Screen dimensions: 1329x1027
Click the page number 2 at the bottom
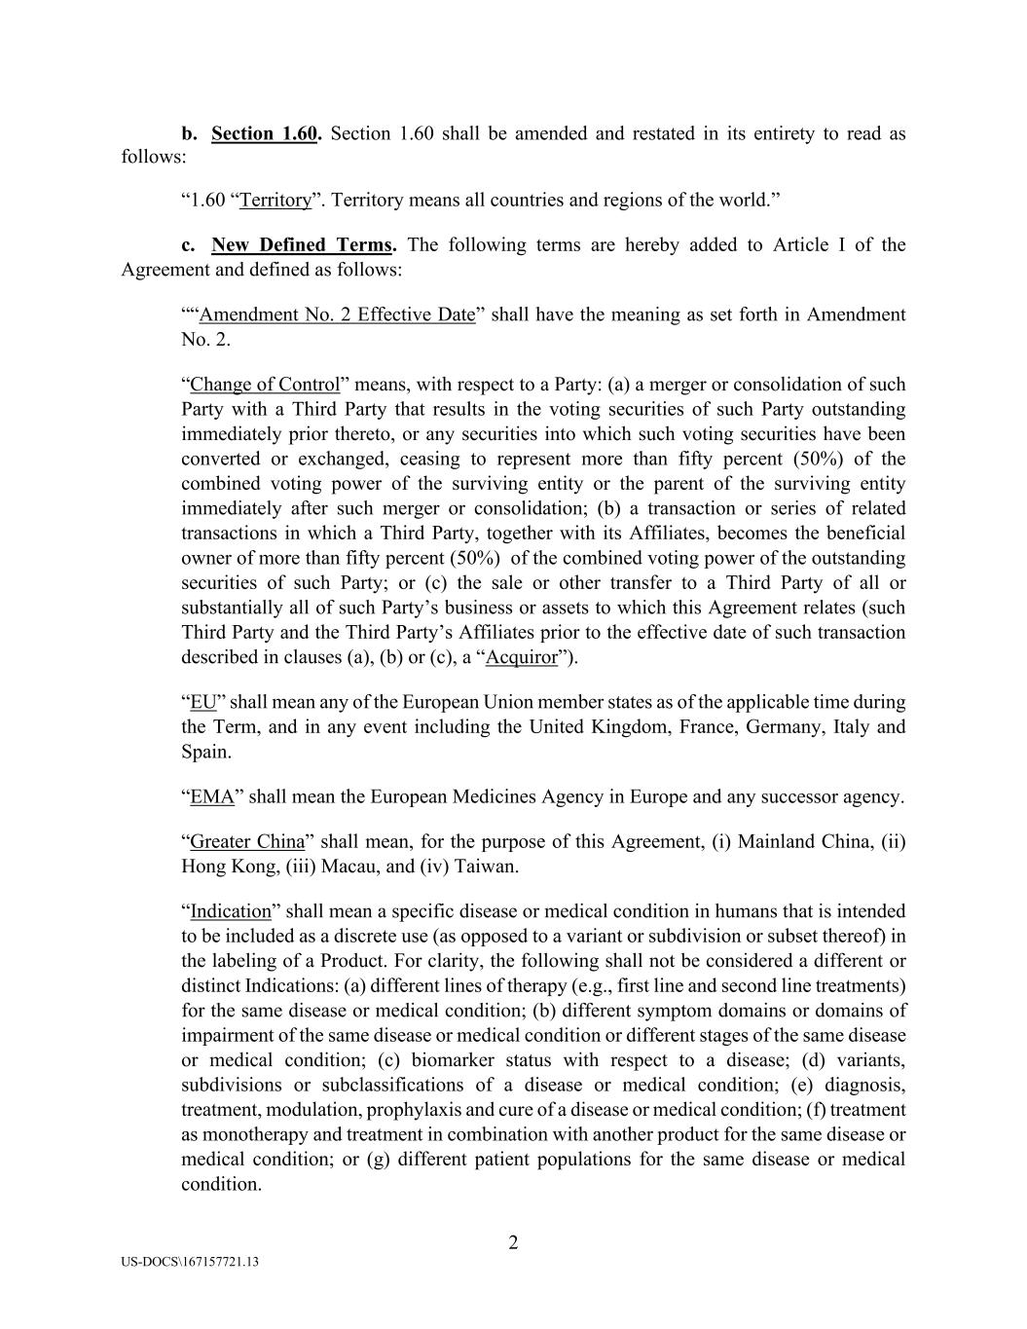pyautogui.click(x=513, y=1242)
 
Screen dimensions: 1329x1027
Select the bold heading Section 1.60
pyautogui.click(x=264, y=133)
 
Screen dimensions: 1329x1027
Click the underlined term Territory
pyautogui.click(x=275, y=201)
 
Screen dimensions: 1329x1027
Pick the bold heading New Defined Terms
pyautogui.click(x=302, y=244)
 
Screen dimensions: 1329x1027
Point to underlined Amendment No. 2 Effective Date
pyautogui.click(x=337, y=314)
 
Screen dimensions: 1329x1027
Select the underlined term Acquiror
pyautogui.click(x=522, y=657)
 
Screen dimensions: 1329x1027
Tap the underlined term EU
pyautogui.click(x=202, y=702)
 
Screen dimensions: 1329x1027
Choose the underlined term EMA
pyautogui.click(x=212, y=796)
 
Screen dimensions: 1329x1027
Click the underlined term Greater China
pyautogui.click(x=247, y=841)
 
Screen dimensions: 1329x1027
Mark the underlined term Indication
pyautogui.click(x=231, y=911)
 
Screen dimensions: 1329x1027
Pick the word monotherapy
pyautogui.click(x=257, y=1134)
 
